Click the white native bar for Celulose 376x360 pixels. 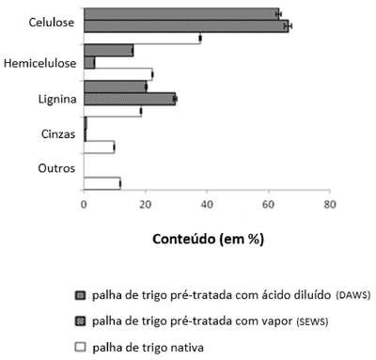142,39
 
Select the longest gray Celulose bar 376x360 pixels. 186,26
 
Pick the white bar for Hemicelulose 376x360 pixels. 118,74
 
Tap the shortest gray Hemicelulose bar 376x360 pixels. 89,63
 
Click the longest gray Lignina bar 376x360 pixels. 130,99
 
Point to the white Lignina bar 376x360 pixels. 113,111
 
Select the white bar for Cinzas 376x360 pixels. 99,148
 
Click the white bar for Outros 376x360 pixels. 102,183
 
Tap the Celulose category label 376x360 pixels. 52,23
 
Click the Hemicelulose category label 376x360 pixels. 39,63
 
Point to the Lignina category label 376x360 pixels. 57,99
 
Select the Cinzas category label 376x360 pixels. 58,134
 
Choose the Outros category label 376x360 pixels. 56,168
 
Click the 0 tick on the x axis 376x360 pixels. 84,205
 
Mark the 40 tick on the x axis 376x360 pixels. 207,205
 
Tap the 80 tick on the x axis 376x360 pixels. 330,205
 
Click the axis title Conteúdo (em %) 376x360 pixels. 209,240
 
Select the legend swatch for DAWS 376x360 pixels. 80,295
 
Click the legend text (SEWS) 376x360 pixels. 312,321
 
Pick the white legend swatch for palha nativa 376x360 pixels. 80,347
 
